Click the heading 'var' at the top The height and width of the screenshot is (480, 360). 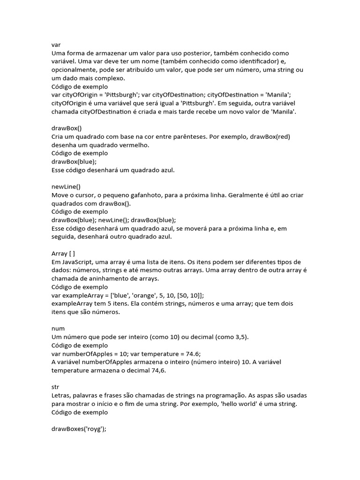(56, 45)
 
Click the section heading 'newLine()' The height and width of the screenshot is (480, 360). (66, 187)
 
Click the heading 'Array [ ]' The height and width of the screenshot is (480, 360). (63, 254)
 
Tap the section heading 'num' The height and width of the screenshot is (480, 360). (58, 329)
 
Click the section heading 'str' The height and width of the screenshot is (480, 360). (55, 387)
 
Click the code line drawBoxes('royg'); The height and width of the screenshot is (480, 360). (79, 429)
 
